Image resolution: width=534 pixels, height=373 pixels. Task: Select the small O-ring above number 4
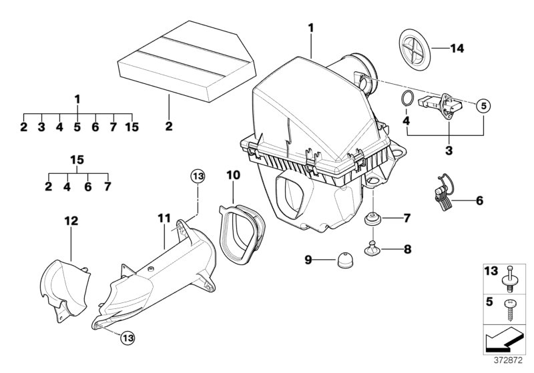405,100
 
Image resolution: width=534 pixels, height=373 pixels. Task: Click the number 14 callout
456,47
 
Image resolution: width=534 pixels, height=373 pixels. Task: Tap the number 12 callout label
71,220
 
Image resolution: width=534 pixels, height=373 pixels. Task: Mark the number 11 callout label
164,218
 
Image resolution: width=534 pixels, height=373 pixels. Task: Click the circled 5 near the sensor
483,105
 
